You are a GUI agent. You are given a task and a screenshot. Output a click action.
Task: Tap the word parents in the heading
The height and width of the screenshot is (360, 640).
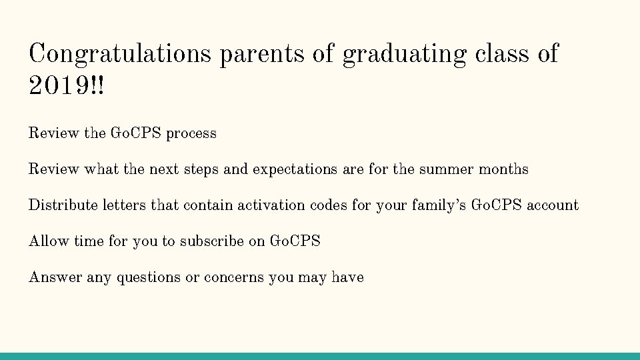pyautogui.click(x=261, y=53)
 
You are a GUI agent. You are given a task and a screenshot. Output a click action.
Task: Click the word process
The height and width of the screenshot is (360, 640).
pyautogui.click(x=191, y=133)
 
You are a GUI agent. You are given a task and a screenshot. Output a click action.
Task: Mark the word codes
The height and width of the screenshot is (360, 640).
pyautogui.click(x=329, y=205)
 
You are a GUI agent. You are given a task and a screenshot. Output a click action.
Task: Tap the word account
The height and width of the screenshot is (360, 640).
pyautogui.click(x=553, y=205)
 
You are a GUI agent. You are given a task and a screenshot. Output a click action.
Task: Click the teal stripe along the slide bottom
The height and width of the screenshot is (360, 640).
pyautogui.click(x=320, y=356)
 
